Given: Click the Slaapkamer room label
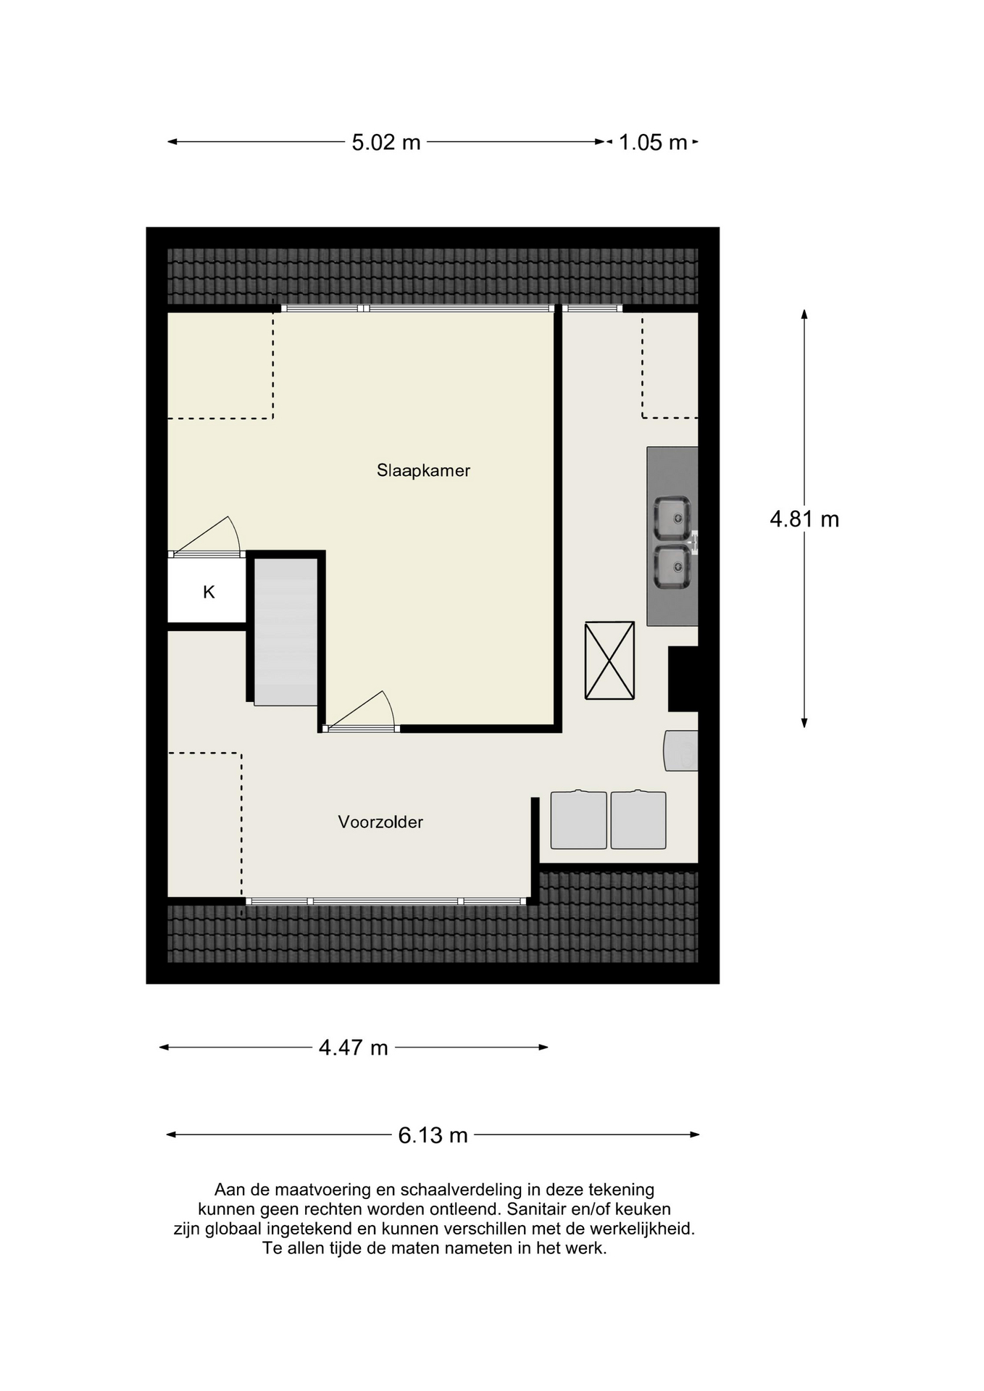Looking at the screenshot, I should click(x=423, y=471).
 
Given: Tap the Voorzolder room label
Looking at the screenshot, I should click(x=380, y=822).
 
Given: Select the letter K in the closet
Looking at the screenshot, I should click(x=209, y=593).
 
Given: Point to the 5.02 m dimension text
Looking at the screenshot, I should click(x=386, y=143).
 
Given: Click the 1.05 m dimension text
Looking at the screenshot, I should click(x=652, y=143).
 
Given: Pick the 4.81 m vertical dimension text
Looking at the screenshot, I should click(x=804, y=519).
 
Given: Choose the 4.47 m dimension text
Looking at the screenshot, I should click(x=354, y=1048).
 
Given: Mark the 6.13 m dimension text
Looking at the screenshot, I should click(x=433, y=1135).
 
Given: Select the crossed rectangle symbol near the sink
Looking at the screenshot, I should click(x=609, y=660).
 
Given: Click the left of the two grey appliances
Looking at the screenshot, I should click(x=578, y=819).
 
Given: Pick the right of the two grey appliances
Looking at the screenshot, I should click(x=638, y=819).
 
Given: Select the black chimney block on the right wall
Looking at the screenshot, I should click(x=682, y=679).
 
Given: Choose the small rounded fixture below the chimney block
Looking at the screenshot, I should click(x=681, y=751).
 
